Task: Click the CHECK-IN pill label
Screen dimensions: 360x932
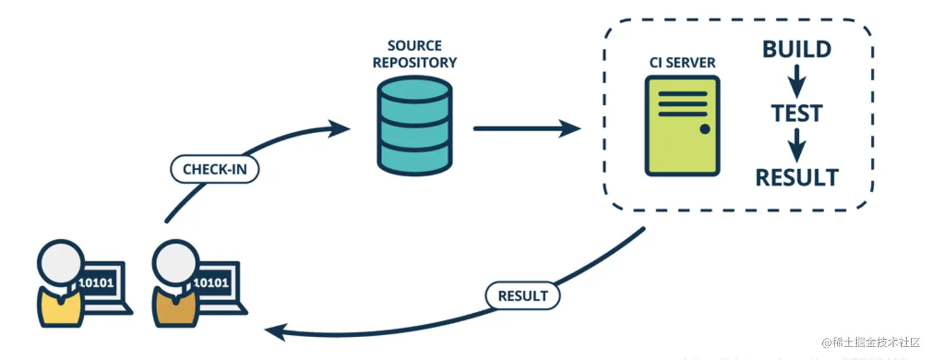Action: [215, 170]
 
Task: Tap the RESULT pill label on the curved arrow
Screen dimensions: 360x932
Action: [522, 295]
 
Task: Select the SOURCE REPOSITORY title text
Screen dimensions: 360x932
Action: [415, 54]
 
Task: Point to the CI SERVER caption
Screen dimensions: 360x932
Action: [682, 63]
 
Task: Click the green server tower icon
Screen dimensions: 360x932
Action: [682, 126]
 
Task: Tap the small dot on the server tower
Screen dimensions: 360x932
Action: [705, 129]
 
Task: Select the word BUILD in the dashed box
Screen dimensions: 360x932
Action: [796, 50]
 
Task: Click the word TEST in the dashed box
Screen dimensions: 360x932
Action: [797, 114]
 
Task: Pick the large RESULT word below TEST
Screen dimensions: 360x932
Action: [797, 178]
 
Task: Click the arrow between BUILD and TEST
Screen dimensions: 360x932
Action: [798, 81]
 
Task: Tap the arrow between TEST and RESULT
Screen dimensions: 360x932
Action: [798, 145]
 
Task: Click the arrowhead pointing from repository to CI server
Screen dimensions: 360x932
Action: [570, 129]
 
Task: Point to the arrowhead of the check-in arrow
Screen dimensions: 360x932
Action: [339, 129]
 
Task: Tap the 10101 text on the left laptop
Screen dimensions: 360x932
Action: [96, 283]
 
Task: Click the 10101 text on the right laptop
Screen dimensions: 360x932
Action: [211, 283]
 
